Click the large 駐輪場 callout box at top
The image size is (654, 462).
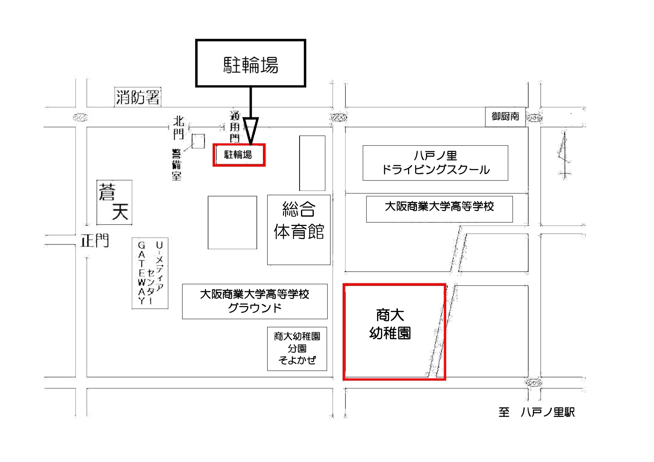(250, 63)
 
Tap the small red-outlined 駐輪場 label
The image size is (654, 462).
(239, 155)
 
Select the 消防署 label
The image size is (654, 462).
(138, 98)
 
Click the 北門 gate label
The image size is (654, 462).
(178, 127)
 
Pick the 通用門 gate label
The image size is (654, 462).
(235, 127)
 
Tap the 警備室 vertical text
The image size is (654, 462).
(176, 165)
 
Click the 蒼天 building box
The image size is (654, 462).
(114, 203)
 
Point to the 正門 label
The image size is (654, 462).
(95, 241)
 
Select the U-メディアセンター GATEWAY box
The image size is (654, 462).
(150, 273)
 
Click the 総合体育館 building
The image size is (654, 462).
(299, 230)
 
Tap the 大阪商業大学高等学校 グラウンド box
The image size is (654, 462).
(255, 301)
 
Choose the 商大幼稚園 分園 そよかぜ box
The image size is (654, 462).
(297, 348)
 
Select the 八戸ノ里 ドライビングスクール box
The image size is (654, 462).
(435, 163)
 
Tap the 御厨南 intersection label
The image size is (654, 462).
(505, 117)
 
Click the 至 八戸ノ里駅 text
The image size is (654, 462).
(537, 412)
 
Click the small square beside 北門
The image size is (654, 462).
(198, 141)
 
